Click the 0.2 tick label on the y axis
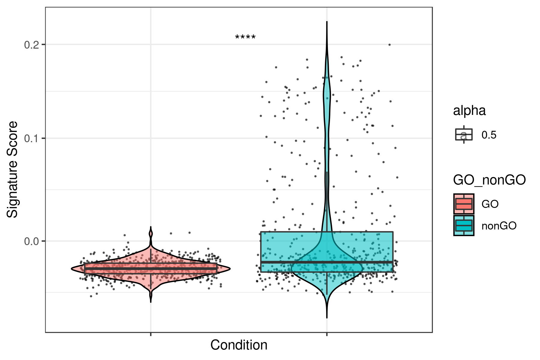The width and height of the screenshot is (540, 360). coord(31,45)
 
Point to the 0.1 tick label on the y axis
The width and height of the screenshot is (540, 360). coord(31,138)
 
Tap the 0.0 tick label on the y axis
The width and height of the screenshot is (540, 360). coord(31,241)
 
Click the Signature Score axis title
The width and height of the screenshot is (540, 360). coord(13,169)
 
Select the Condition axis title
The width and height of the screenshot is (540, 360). coord(238,345)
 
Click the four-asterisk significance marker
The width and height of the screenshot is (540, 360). coord(245,38)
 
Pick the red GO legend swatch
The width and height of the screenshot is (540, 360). coord(464,204)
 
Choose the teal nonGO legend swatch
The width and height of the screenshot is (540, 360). coord(464,226)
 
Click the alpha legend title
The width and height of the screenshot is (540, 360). coord(469,111)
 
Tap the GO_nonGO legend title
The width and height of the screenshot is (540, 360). coord(489,180)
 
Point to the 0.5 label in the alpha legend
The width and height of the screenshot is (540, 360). coord(489,135)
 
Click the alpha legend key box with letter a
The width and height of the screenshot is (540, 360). coord(464,135)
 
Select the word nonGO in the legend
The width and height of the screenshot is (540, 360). coord(499,226)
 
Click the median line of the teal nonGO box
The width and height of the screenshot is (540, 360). coord(327,262)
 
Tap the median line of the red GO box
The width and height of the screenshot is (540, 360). coord(151,268)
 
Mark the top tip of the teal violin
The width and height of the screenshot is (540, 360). coord(327,22)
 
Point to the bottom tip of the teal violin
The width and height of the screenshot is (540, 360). coord(327,317)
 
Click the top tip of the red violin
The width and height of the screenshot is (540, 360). coord(151,227)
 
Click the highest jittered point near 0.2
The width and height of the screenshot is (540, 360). coord(389,45)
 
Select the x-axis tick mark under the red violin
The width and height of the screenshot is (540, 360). coord(151,334)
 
